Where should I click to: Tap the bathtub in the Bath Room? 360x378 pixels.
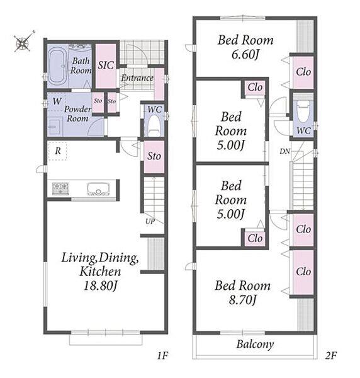point(58,66)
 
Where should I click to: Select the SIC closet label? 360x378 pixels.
point(106,66)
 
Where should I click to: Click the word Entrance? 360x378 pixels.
point(137,78)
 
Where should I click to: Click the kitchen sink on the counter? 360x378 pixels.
point(98,189)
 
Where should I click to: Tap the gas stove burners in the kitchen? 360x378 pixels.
point(60,188)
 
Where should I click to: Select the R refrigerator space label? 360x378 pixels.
point(57,151)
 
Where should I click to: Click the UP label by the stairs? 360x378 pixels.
point(150,221)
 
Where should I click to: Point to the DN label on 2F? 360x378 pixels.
point(285,151)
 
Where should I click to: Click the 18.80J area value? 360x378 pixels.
point(100,286)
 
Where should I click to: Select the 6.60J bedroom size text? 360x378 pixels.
point(245,54)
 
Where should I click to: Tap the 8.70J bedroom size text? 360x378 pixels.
point(242,300)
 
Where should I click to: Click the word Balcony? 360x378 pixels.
point(255,344)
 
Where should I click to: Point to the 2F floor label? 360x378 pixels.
point(331,355)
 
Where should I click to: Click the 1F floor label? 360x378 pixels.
point(162,355)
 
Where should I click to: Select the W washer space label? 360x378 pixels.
point(57,101)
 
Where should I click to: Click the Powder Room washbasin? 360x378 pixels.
point(55,127)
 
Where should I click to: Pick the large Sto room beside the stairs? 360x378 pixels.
point(154,156)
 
